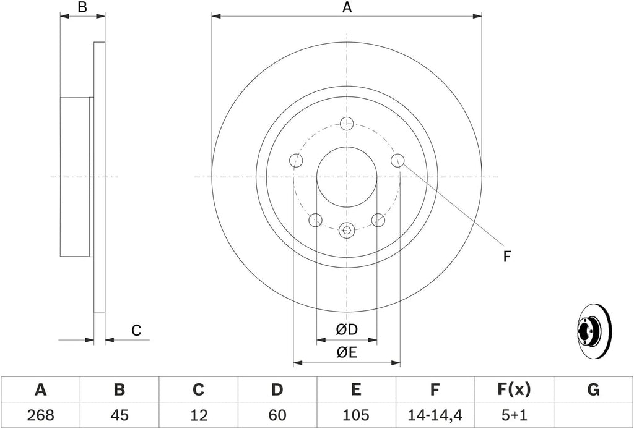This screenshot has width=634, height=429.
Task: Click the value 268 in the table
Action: [x=40, y=414]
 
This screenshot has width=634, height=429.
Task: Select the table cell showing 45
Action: [x=119, y=414]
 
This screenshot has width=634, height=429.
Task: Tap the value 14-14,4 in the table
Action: [x=435, y=414]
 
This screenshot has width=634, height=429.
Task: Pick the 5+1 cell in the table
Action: [x=513, y=414]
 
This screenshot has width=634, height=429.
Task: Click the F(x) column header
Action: [x=513, y=390]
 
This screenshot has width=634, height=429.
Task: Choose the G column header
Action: [x=593, y=390]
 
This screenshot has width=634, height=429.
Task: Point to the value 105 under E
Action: [x=356, y=414]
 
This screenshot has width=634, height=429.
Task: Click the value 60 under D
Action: [x=277, y=414]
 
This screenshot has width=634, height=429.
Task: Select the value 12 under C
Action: [x=198, y=414]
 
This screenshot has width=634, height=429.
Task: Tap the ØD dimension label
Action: [x=347, y=329]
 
